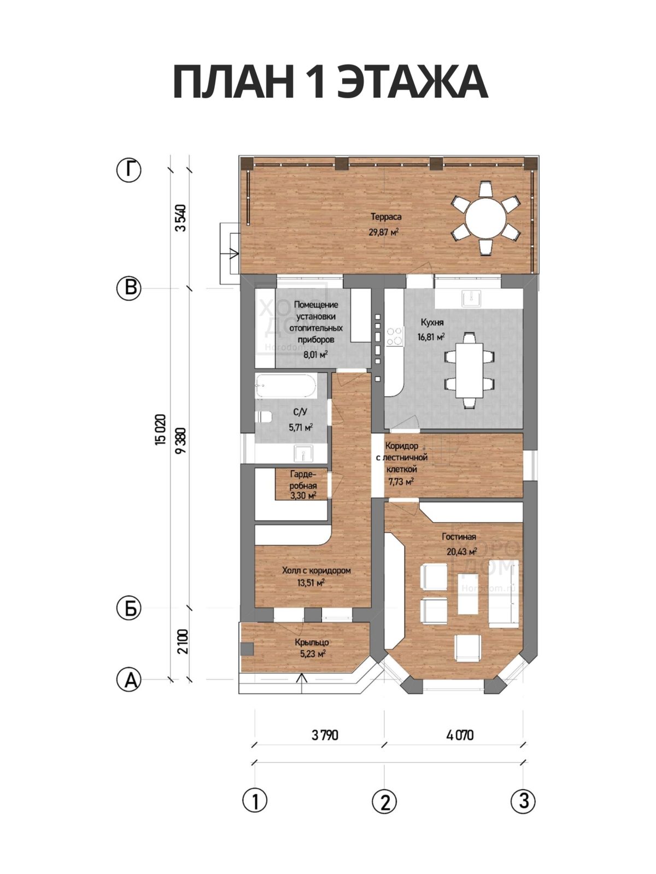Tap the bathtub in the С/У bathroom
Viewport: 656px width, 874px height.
(285, 386)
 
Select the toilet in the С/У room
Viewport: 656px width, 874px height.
(263, 417)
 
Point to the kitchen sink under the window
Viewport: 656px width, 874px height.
(471, 298)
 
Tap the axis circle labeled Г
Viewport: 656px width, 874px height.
(128, 170)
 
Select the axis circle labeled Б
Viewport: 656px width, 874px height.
(128, 608)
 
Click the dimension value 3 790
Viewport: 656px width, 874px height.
(325, 735)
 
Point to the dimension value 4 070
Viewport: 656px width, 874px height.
(460, 735)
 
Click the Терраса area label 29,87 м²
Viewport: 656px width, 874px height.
(384, 232)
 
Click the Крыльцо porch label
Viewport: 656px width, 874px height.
(312, 642)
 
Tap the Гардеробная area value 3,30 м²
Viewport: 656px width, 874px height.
(303, 496)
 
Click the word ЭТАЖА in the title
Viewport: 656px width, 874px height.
(412, 82)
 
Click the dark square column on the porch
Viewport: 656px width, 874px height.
(247, 648)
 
